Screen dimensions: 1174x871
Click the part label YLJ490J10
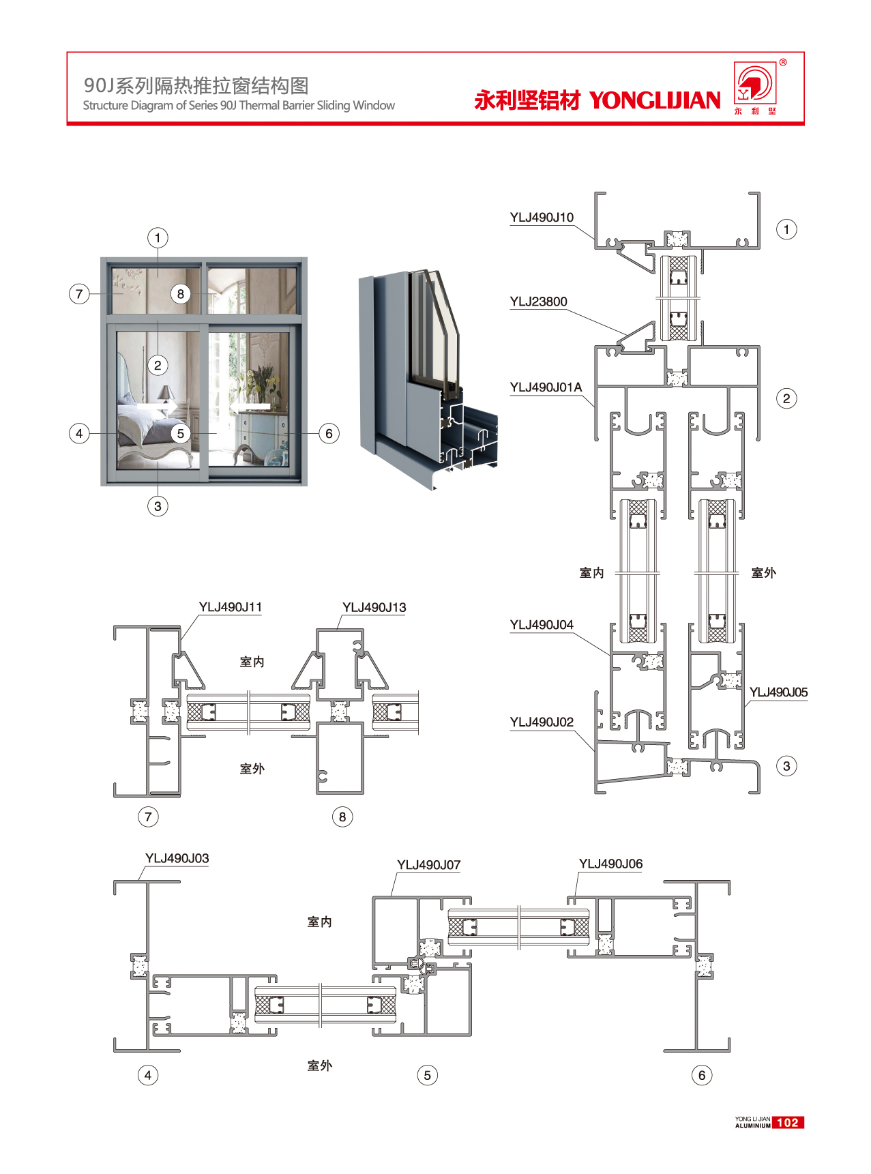[542, 218]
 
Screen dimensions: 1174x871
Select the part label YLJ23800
[538, 302]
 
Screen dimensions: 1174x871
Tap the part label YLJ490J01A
[546, 387]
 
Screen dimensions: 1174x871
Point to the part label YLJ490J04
[542, 625]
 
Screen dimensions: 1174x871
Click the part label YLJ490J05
[778, 692]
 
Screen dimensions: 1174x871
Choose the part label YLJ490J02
[542, 722]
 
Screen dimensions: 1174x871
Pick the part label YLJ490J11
[231, 607]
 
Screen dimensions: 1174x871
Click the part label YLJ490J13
[374, 607]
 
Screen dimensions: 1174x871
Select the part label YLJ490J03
[177, 858]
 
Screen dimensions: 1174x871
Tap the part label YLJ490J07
[429, 865]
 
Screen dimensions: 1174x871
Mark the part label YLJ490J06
[610, 864]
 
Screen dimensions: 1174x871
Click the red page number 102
[788, 1123]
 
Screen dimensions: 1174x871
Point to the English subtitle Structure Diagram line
[239, 106]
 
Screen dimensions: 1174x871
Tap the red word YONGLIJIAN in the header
[655, 101]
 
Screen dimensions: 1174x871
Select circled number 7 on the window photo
[79, 294]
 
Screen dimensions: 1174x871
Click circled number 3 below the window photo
[158, 506]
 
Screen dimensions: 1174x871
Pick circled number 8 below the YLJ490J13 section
[342, 817]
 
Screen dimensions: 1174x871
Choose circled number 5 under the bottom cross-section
[427, 1075]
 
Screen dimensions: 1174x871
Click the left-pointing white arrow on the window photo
[249, 407]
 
